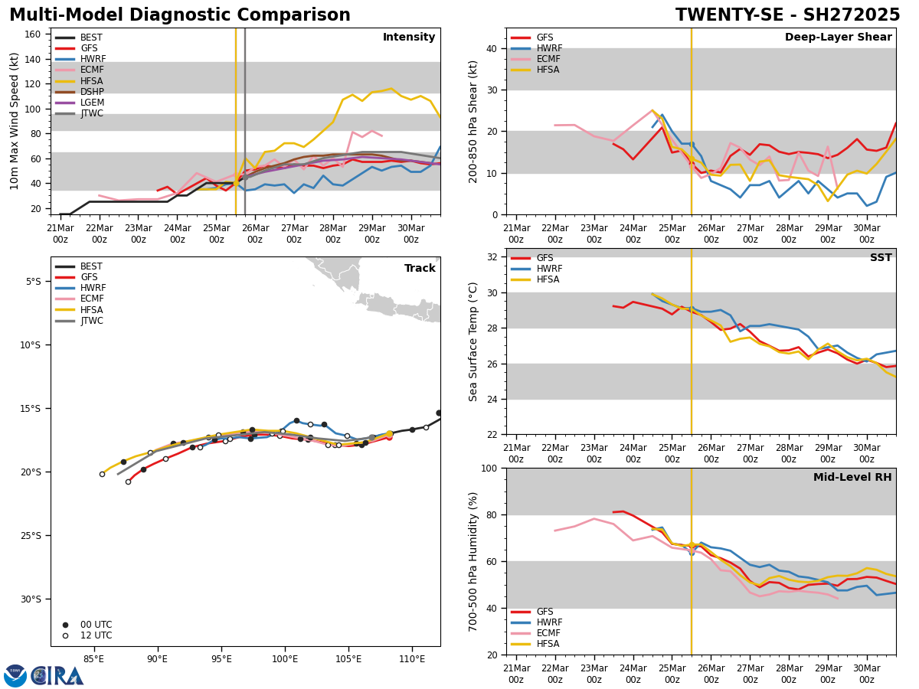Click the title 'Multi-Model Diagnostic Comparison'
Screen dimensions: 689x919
pyautogui.click(x=180, y=15)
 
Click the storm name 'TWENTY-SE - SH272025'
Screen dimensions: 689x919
pyautogui.click(x=787, y=15)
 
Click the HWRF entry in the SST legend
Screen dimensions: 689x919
pyautogui.click(x=549, y=269)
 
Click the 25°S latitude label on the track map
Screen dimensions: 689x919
pyautogui.click(x=31, y=535)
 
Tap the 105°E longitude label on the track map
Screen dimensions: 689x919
pyautogui.click(x=348, y=658)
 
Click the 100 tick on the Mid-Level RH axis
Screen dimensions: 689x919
pyautogui.click(x=488, y=468)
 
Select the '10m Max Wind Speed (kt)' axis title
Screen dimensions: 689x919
pyautogui.click(x=15, y=121)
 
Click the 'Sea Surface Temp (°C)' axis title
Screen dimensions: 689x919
pyautogui.click(x=473, y=341)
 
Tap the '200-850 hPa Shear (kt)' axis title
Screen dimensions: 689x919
pyautogui.click(x=473, y=121)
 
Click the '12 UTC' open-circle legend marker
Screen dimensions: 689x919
pyautogui.click(x=65, y=635)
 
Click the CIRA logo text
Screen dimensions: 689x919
pyautogui.click(x=57, y=676)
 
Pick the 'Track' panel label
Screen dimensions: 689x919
pyautogui.click(x=420, y=269)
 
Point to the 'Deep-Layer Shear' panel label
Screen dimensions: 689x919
pyautogui.click(x=838, y=38)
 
